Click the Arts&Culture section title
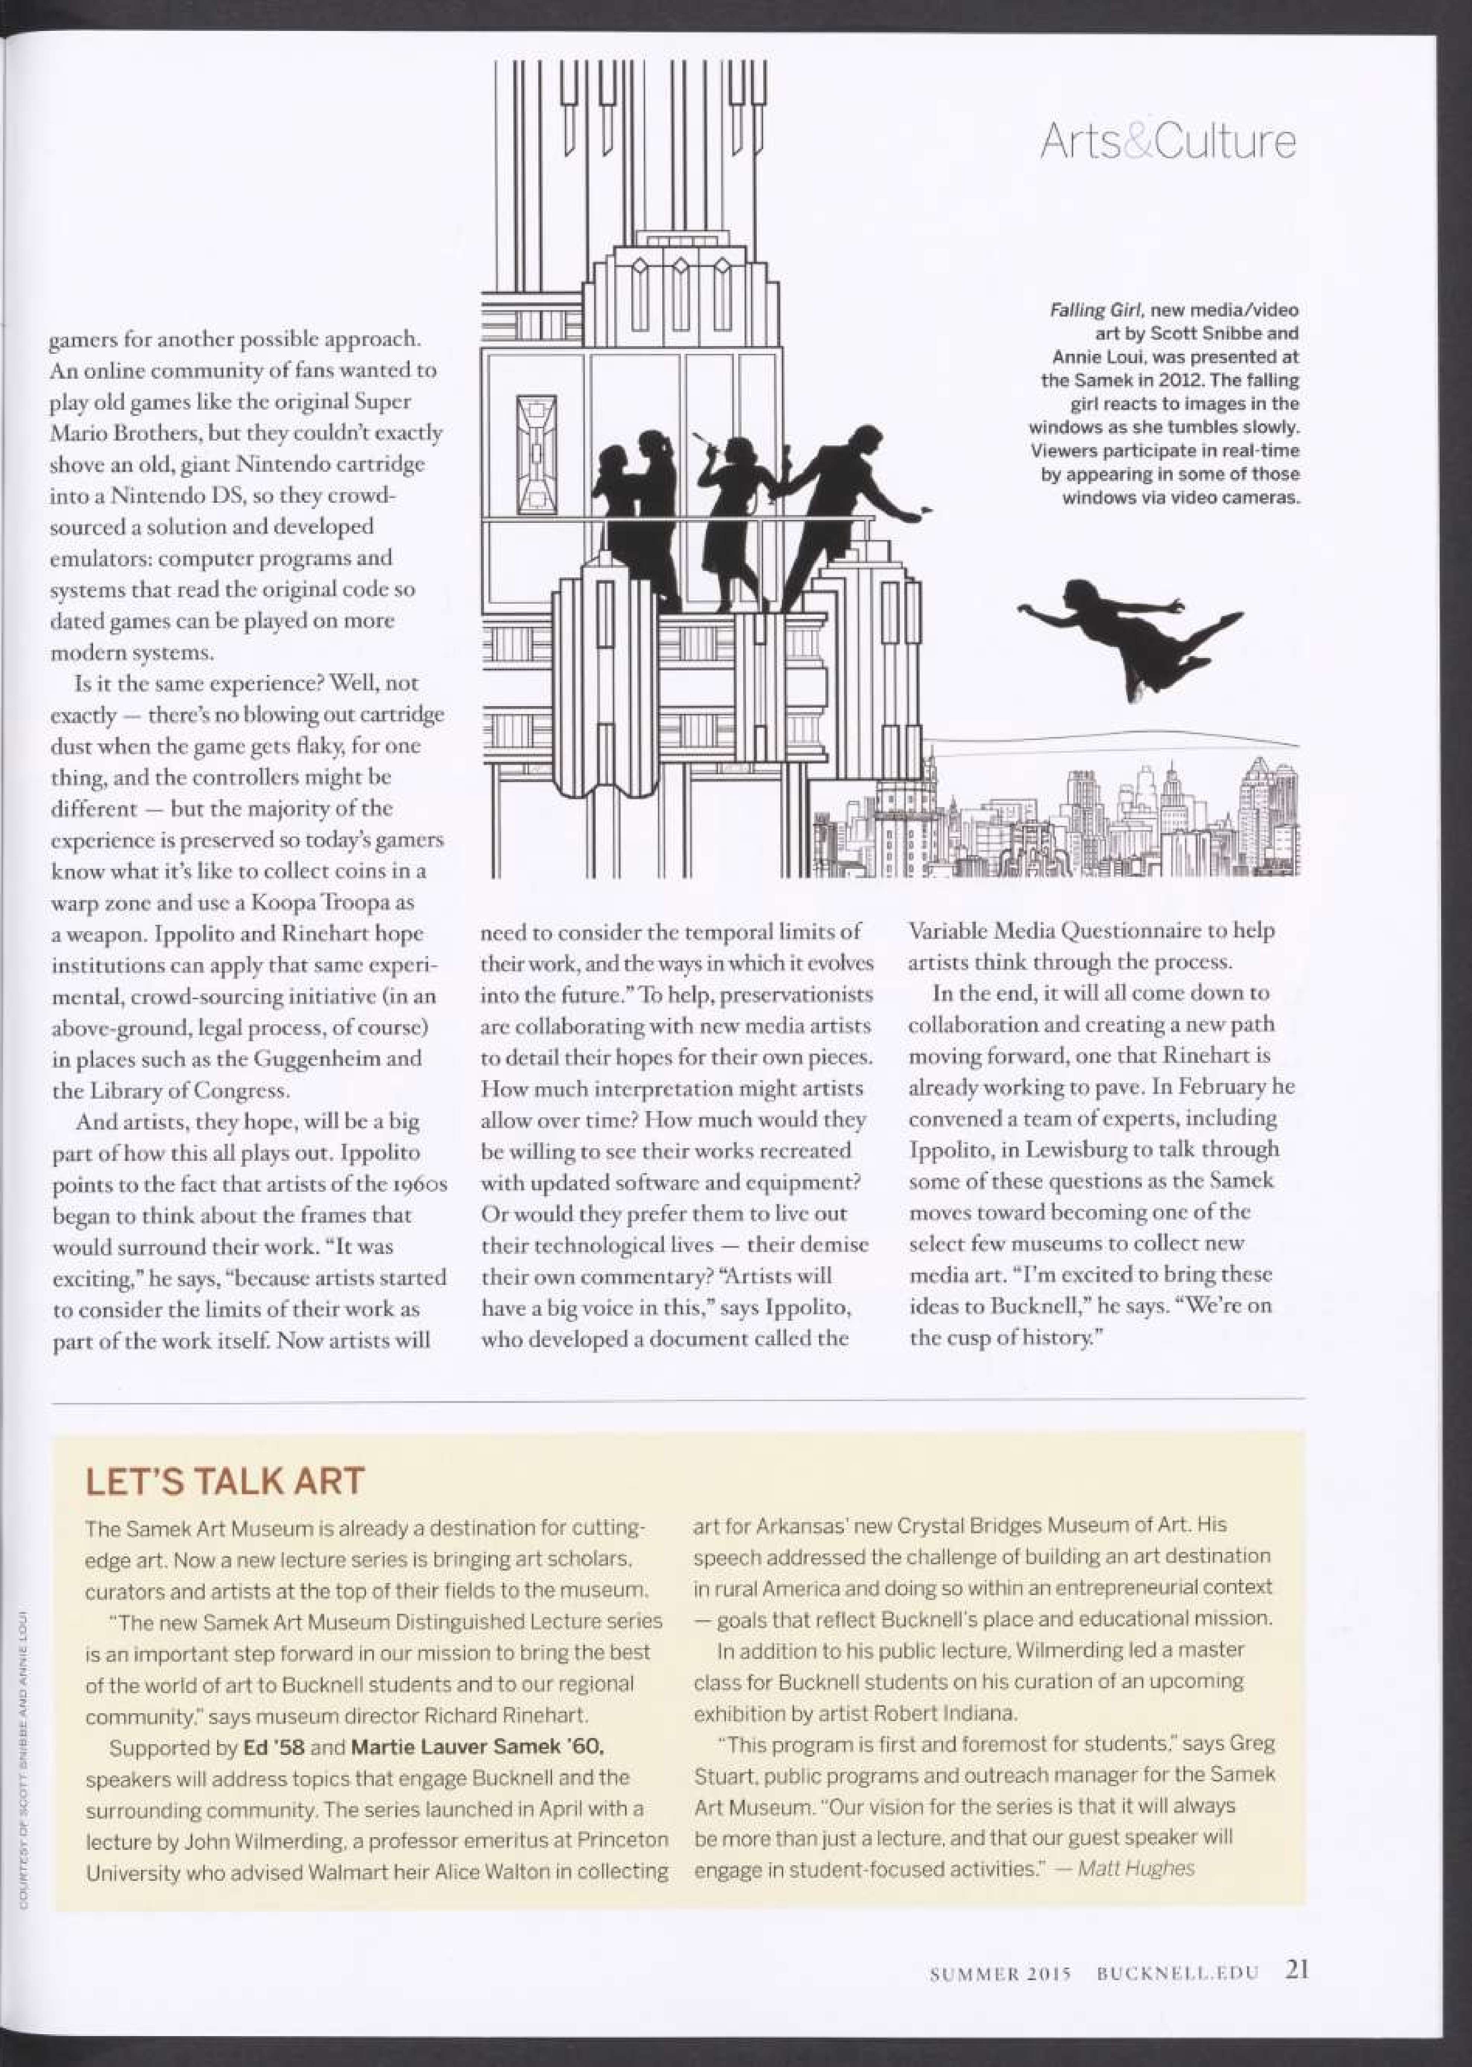(x=1167, y=142)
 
